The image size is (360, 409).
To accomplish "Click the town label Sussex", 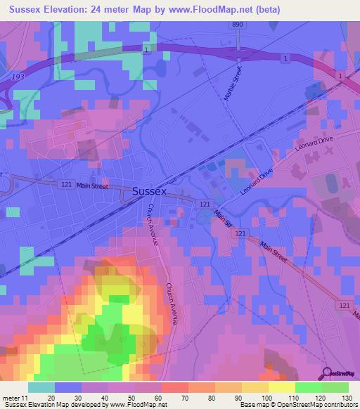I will (150, 190).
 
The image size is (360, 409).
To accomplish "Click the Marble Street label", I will (233, 83).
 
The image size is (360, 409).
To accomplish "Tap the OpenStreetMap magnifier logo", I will (328, 373).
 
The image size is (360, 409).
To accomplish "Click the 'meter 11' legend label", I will (13, 397).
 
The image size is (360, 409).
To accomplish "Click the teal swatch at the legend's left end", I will (41, 387).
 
